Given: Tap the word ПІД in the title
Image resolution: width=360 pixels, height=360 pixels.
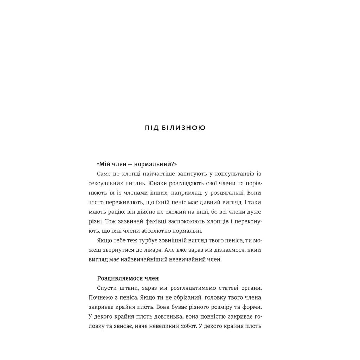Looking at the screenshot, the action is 152,128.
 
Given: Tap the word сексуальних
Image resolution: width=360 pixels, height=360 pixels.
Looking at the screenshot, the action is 105,184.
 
